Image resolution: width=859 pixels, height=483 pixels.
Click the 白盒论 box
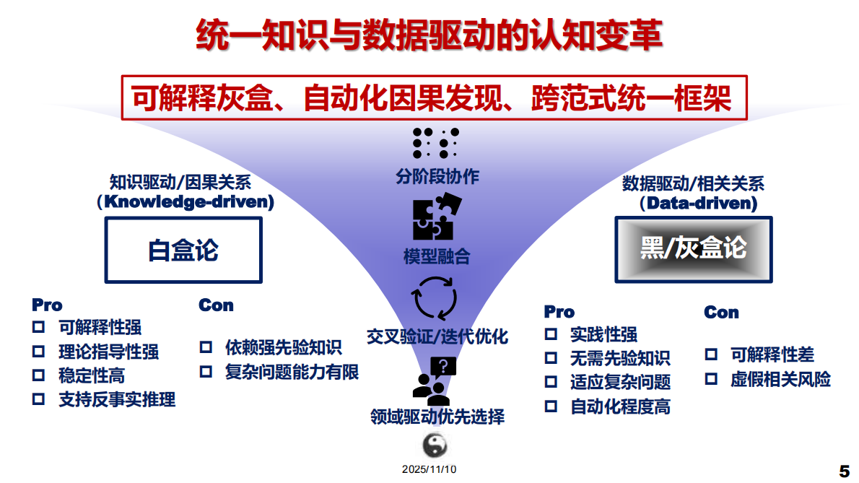183,250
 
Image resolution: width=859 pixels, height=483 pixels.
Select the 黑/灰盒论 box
693,248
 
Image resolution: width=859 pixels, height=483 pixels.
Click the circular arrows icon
434,296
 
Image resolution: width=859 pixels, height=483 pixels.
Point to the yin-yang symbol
434,445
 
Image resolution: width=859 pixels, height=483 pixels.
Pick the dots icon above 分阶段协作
435,143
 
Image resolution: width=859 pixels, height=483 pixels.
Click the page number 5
845,470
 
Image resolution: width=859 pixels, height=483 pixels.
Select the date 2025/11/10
429,469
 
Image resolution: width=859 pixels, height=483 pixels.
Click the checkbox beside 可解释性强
38,327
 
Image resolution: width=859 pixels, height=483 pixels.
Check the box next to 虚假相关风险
712,379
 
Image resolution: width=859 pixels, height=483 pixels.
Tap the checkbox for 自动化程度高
551,406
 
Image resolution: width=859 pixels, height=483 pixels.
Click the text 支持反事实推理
117,399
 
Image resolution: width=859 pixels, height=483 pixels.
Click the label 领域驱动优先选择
437,417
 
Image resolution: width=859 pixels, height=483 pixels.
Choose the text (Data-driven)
697,204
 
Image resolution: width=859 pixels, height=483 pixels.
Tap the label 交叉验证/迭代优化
437,336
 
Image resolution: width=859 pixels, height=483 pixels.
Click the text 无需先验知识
620,357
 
